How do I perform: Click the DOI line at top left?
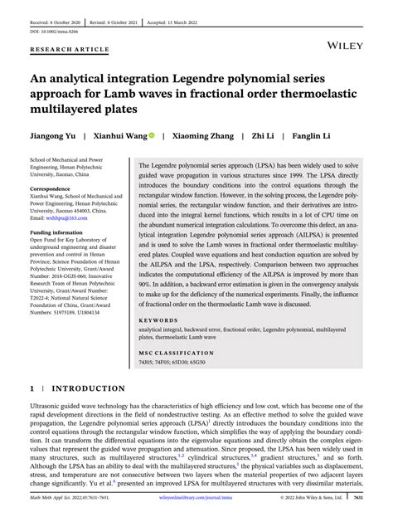pyautogui.click(x=51, y=22)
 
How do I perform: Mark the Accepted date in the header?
pyautogui.click(x=224, y=8)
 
